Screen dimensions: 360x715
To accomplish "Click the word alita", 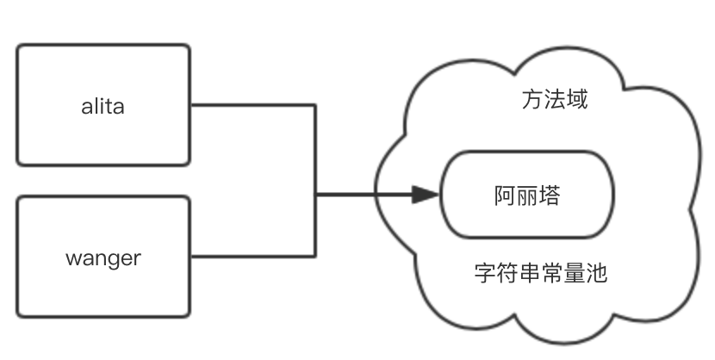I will pyautogui.click(x=103, y=107).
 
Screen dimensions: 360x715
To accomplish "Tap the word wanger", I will pyautogui.click(x=103, y=258).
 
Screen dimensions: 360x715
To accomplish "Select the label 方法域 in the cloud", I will pyautogui.click(x=555, y=101).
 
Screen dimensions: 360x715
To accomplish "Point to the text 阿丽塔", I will pyautogui.click(x=527, y=196).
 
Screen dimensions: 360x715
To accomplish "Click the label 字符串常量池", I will pyautogui.click(x=541, y=274).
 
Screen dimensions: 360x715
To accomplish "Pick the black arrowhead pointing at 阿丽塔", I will pyautogui.click(x=426, y=195).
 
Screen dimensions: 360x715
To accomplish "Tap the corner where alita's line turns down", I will pyautogui.click(x=315, y=105).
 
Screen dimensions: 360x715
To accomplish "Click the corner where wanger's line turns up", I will pyautogui.click(x=315, y=255).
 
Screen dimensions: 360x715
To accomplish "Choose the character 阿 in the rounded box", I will pyautogui.click(x=505, y=196).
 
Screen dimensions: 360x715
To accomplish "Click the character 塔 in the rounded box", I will pyautogui.click(x=550, y=196).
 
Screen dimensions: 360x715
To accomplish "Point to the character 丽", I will pyautogui.click(x=527, y=196).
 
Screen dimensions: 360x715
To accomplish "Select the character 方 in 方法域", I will pyautogui.click(x=532, y=101).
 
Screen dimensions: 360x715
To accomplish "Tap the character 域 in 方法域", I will pyautogui.click(x=577, y=101).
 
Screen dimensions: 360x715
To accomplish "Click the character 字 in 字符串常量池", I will pyautogui.click(x=485, y=274).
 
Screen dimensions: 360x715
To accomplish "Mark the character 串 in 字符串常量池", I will pyautogui.click(x=530, y=274).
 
